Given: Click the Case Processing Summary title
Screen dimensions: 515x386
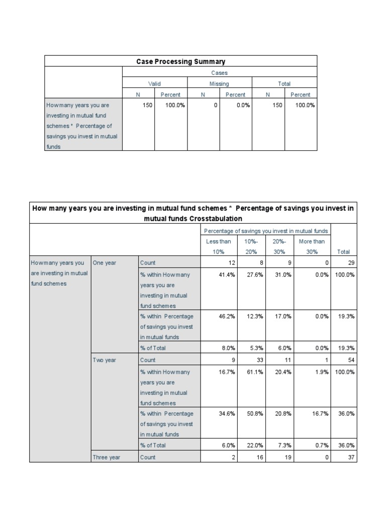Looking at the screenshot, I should coord(181,61).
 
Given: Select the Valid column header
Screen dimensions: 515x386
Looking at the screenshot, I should coord(154,84).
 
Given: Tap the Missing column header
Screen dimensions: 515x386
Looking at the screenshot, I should coord(219,84).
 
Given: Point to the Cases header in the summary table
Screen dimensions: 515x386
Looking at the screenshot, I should coord(219,73).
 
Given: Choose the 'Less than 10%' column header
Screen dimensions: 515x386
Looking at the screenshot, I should coord(219,246).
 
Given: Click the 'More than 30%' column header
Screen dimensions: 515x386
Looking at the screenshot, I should coord(312,246).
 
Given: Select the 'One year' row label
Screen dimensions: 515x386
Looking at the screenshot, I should coord(104,263).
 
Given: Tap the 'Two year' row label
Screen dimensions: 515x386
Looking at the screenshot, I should coord(104,360).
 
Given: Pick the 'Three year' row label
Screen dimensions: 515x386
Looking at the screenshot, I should coord(106,457).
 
